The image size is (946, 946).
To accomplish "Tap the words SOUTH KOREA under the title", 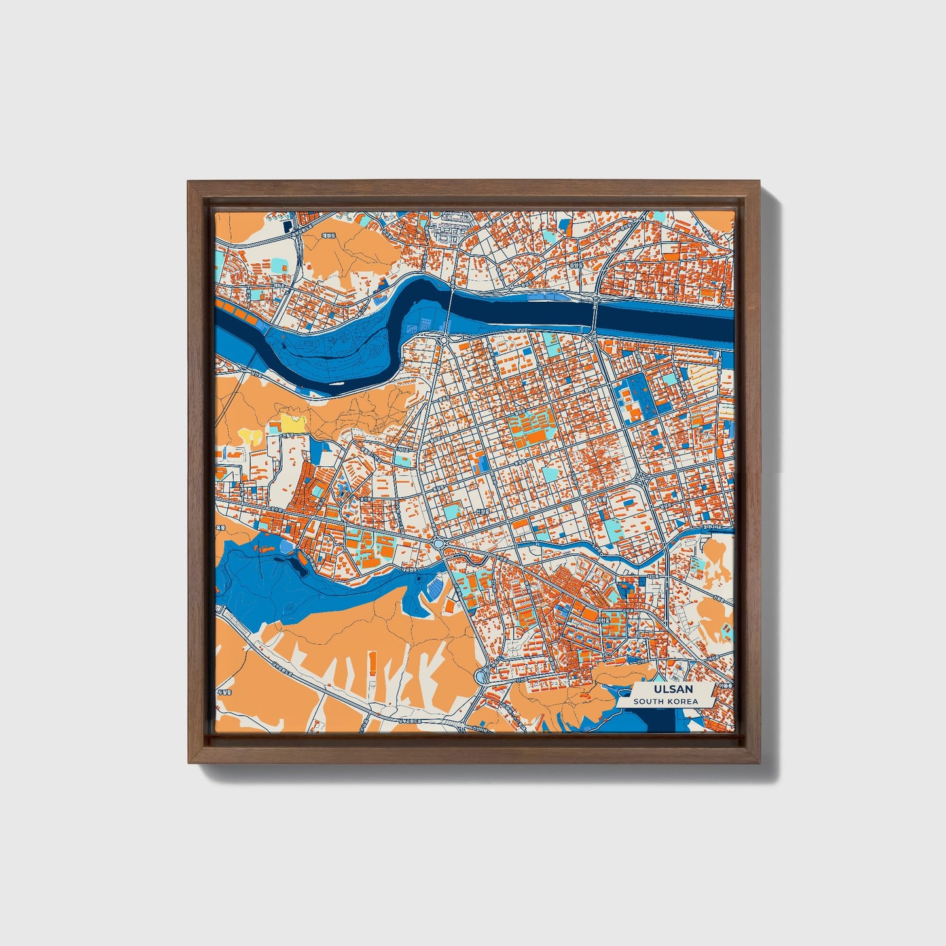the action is click(665, 701).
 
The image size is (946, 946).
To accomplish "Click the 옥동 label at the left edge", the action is click(220, 526).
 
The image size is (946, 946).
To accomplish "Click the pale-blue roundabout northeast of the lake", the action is click(438, 544).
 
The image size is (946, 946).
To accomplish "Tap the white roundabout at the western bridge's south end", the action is click(444, 340).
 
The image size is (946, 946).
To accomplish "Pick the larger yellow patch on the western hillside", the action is click(293, 423).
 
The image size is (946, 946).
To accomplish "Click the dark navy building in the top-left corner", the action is click(287, 227).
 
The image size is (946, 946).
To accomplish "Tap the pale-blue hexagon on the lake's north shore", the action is click(285, 545).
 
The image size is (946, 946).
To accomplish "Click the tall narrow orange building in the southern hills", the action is click(373, 664).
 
